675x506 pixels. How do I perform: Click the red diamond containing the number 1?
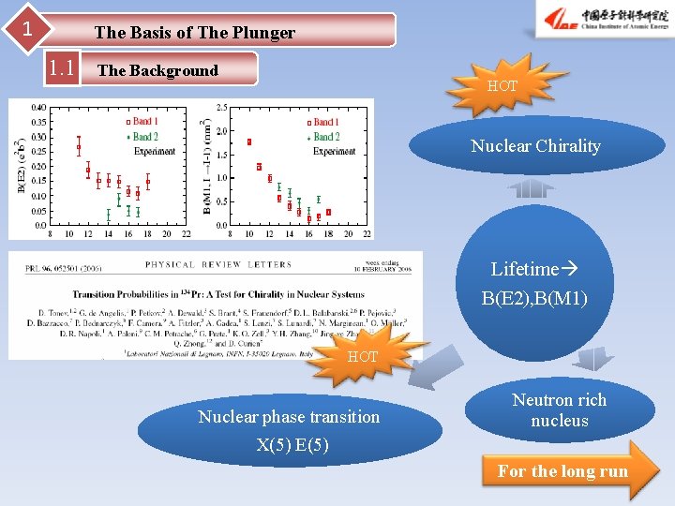[x=28, y=29]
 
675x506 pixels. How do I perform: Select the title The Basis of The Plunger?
[x=194, y=33]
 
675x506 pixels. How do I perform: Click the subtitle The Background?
[x=157, y=70]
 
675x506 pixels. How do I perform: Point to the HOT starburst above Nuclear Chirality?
[x=502, y=85]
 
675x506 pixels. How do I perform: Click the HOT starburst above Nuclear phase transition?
[x=363, y=356]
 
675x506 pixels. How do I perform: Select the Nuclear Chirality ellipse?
[x=535, y=146]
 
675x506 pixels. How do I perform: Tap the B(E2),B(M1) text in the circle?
[x=534, y=300]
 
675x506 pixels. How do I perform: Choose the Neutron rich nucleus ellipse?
[x=559, y=410]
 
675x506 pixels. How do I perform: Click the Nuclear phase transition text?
[x=289, y=417]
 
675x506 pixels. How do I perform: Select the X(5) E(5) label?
[x=292, y=445]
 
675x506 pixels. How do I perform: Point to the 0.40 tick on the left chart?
[x=37, y=108]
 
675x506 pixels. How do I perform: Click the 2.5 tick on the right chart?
[x=220, y=108]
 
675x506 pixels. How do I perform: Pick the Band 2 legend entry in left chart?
[x=141, y=137]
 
